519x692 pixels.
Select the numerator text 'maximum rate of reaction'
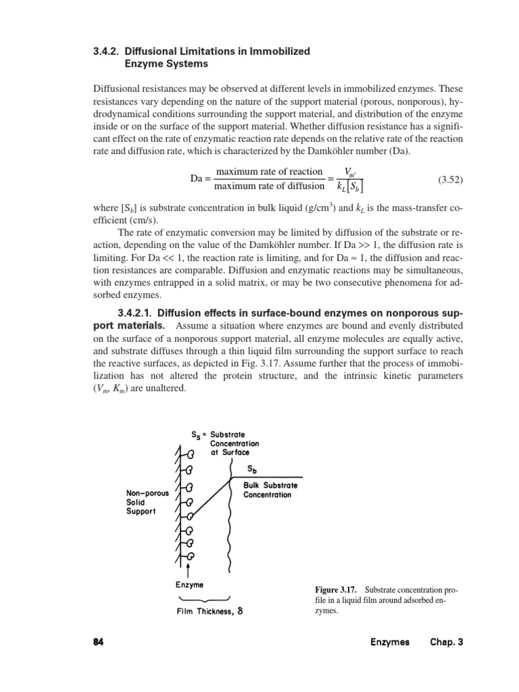point(268,172)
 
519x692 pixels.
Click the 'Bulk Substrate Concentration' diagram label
point(271,489)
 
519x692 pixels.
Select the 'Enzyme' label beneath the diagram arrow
point(190,584)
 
